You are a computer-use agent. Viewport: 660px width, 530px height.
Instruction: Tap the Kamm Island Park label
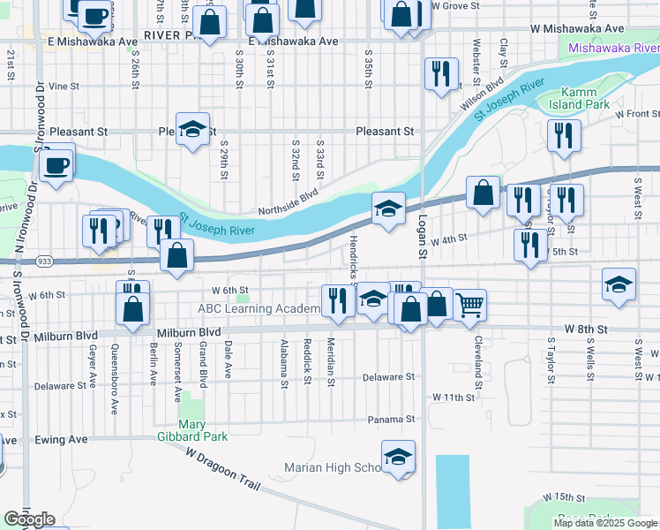point(584,98)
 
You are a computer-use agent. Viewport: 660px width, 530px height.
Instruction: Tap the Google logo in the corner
point(29,519)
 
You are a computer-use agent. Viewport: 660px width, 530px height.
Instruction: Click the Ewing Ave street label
point(61,439)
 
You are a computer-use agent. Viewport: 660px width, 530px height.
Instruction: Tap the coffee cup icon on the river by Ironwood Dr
point(57,166)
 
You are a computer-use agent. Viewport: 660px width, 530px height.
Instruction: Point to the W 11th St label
point(454,398)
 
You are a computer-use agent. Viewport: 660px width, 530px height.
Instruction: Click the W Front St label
point(638,114)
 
